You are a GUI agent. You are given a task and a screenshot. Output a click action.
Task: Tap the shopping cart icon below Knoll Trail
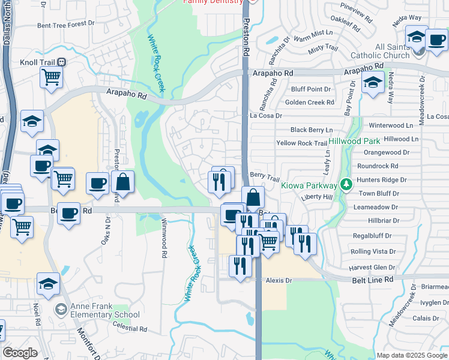[52, 77]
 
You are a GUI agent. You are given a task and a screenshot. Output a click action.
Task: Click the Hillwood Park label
[355, 141]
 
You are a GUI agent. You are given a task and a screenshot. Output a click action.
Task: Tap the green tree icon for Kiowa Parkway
[345, 184]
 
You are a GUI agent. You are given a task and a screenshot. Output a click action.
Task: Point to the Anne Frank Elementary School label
[106, 310]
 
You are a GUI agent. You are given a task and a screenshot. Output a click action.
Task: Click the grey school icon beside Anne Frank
[61, 310]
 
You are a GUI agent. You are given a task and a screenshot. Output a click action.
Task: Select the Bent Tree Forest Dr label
[66, 25]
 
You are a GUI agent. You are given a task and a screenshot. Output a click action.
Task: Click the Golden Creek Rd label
[309, 103]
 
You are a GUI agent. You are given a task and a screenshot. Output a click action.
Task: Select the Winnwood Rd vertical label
[163, 238]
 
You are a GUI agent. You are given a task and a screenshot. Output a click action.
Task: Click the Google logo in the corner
[20, 353]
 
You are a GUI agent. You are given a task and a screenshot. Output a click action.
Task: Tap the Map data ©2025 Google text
[412, 355]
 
